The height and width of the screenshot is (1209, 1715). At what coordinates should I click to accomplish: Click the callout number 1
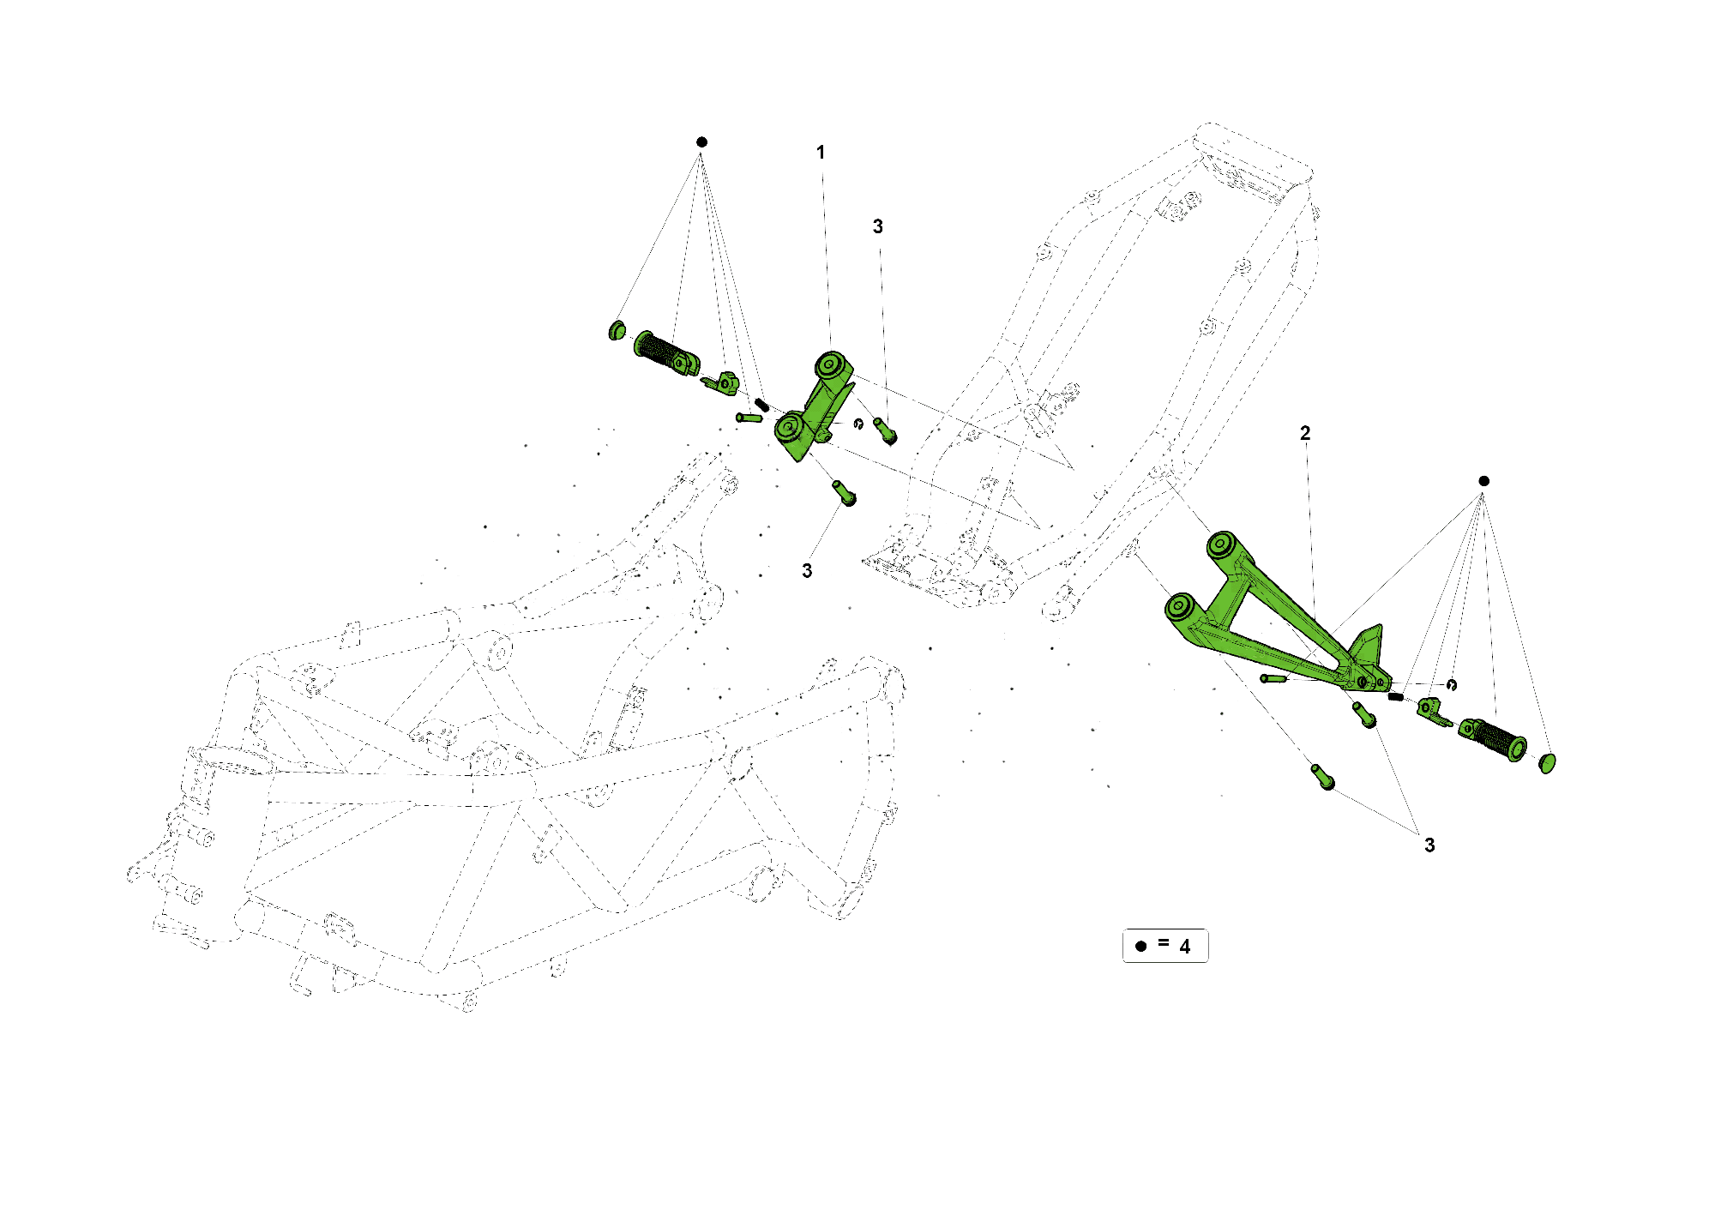tap(821, 153)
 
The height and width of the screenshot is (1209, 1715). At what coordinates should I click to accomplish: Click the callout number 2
tap(1305, 433)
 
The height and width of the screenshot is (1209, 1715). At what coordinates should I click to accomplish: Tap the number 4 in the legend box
tap(1185, 947)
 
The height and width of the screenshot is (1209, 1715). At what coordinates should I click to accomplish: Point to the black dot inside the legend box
tap(1140, 947)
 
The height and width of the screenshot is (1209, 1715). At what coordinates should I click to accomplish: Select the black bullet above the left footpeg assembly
tap(701, 141)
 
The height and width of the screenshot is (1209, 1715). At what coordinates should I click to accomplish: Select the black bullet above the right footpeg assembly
tap(1484, 481)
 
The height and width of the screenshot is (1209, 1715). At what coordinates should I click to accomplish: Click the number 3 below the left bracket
tap(807, 571)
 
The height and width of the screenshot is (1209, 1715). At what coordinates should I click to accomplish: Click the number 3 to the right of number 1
tap(877, 226)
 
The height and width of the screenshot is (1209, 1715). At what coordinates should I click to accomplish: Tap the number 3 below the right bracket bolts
tap(1429, 845)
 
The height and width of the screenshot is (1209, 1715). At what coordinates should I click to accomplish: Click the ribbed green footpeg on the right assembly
tap(1496, 738)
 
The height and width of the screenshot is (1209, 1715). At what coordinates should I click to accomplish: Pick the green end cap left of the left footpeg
tap(617, 330)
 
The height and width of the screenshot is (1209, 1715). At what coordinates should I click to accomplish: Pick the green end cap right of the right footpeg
tap(1547, 762)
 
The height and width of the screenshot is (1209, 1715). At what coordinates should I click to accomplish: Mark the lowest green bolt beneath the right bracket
tap(1323, 776)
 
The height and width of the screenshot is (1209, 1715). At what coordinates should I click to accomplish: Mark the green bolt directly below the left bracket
tap(844, 492)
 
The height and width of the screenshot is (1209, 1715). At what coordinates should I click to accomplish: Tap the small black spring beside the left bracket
tap(761, 404)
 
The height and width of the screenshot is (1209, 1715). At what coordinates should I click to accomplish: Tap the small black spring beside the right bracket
tap(1396, 696)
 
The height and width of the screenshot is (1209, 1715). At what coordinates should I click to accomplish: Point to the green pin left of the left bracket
tap(749, 418)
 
